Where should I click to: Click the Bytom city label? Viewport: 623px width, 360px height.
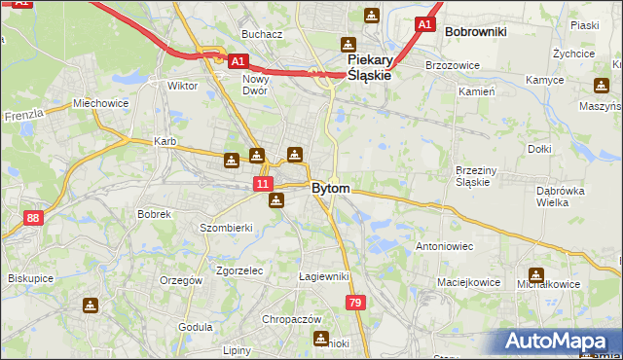point(330,188)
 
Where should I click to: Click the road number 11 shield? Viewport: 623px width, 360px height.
point(263,183)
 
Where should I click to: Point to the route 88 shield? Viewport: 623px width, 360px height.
point(34,218)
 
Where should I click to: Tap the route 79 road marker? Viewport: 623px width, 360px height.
point(355,304)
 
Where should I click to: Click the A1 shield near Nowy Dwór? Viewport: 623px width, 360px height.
point(238,60)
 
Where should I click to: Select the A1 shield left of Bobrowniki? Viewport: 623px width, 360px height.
point(424,23)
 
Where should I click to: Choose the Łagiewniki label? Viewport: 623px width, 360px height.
point(323,276)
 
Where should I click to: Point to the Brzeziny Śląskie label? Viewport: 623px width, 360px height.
point(477,176)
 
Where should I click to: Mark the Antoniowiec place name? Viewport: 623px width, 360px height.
point(444,246)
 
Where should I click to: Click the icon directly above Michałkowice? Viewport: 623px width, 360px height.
point(535,275)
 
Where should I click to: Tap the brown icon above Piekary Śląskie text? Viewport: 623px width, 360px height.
point(348,45)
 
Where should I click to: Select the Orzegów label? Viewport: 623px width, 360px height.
point(180,280)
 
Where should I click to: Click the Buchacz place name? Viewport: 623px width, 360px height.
point(263,34)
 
